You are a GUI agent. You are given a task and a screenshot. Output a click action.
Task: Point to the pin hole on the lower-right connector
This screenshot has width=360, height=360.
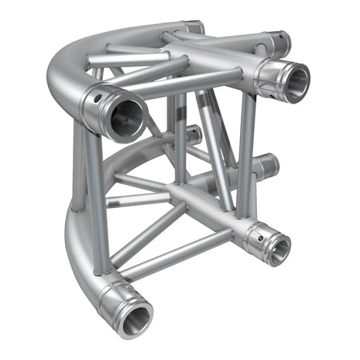point(261,228)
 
